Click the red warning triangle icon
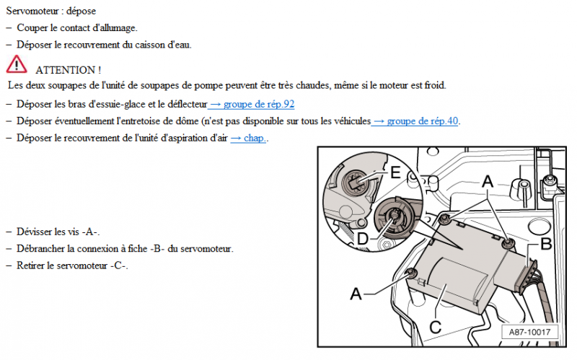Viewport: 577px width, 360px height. tap(17, 65)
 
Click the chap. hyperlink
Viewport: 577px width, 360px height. tap(249, 138)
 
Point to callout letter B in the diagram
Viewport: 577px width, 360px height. tap(545, 243)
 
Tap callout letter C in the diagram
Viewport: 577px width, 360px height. tap(435, 326)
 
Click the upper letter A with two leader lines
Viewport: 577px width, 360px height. tap(488, 184)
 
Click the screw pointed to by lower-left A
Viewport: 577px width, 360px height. tap(413, 272)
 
